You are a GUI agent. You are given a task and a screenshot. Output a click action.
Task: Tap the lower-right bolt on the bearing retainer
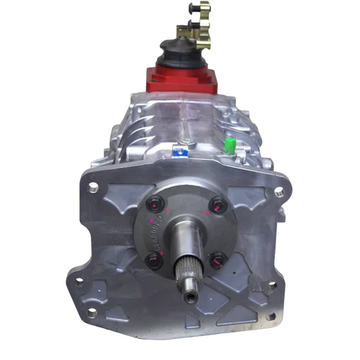[217, 261]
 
